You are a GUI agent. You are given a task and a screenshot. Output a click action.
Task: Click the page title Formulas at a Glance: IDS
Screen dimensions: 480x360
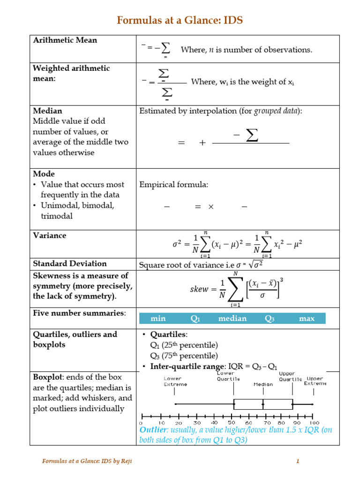180,21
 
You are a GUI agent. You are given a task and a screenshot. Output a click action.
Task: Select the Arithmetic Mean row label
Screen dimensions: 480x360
65,40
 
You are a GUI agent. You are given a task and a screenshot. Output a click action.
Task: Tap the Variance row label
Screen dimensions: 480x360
49,235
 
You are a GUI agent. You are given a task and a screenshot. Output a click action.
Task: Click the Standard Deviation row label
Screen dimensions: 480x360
70,263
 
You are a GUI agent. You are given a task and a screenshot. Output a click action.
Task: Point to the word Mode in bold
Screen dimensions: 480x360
44,173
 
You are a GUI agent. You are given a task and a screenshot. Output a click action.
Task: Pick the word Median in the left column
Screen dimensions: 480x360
47,111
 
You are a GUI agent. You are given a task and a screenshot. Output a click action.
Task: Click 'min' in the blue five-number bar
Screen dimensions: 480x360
158,319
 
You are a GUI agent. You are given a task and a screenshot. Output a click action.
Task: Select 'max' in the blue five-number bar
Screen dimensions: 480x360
307,319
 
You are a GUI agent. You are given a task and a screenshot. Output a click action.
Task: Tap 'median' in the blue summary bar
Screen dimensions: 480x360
232,319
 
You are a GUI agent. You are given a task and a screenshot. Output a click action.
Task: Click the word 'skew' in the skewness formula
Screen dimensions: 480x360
199,289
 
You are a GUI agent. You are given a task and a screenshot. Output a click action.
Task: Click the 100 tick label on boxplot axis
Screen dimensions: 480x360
314,422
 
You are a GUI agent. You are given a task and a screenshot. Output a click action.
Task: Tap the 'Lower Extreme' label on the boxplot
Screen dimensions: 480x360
175,381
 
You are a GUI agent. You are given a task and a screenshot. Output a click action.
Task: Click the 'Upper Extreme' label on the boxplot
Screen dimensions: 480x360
315,381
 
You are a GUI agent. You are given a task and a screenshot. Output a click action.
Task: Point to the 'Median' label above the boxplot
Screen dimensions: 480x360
263,384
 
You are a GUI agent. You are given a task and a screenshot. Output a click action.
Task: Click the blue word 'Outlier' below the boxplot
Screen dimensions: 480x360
153,430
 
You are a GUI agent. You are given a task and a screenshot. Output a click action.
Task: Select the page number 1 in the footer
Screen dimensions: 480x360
297,461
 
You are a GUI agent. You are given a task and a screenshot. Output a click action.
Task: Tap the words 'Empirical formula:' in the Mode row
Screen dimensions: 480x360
174,184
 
